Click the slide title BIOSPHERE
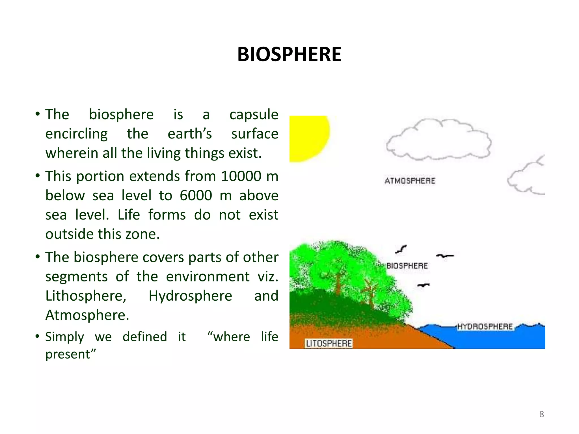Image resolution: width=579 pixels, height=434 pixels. click(x=289, y=54)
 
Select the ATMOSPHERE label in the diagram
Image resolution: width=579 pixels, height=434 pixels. click(x=410, y=181)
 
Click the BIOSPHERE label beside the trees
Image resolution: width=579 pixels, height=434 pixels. click(x=407, y=266)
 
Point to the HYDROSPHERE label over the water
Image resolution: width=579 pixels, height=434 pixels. click(x=485, y=327)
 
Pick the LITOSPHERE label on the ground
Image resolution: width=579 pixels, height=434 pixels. click(x=329, y=343)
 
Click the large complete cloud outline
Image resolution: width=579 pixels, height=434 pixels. click(x=438, y=140)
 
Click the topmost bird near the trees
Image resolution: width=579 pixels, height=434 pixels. click(x=401, y=249)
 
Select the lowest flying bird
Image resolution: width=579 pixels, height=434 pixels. click(x=423, y=285)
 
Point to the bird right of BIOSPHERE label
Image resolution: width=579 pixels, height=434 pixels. click(x=444, y=256)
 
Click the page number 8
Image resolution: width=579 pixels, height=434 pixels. click(x=541, y=414)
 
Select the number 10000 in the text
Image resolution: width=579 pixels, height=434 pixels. click(x=241, y=176)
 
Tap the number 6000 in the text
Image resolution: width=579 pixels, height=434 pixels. click(x=196, y=196)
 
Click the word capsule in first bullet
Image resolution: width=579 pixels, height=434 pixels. click(x=254, y=115)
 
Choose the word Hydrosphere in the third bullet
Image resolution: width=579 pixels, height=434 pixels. click(x=190, y=296)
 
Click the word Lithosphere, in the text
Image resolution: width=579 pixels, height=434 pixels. click(x=86, y=296)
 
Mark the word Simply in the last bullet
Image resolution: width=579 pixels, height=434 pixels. click(x=65, y=337)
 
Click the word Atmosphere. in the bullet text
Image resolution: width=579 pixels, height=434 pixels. click(x=87, y=315)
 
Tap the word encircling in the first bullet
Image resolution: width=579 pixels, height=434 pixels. click(x=76, y=134)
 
